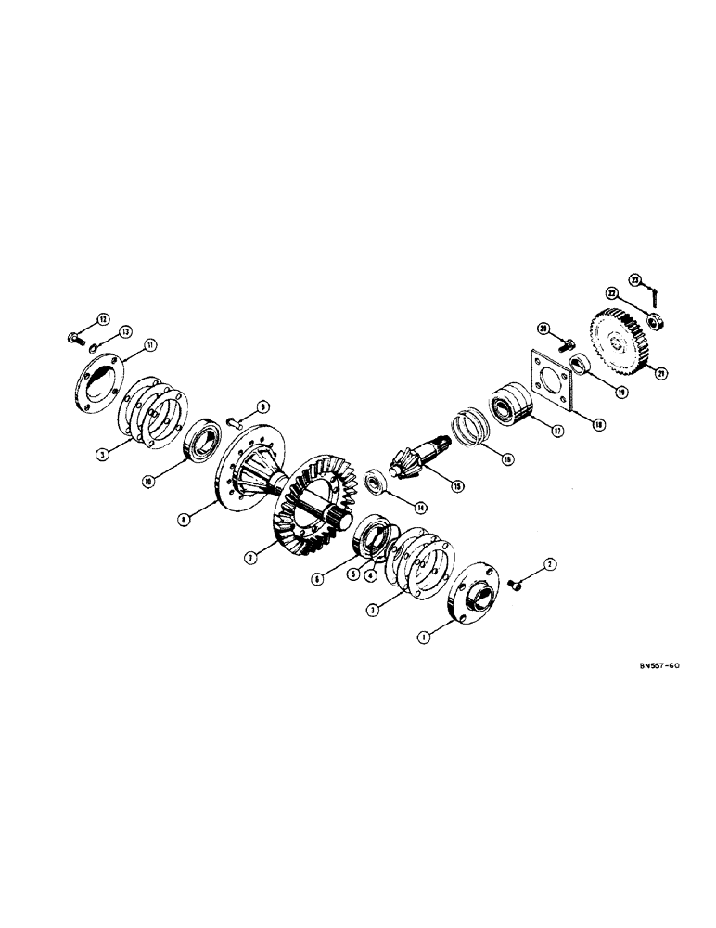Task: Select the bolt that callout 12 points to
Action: (x=74, y=337)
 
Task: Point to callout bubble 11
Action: (x=151, y=345)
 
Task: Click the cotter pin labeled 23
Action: (x=656, y=295)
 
